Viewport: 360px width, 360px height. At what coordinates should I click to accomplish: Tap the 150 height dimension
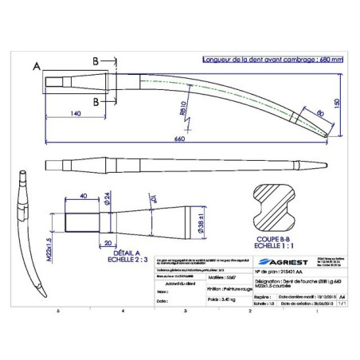click(337, 103)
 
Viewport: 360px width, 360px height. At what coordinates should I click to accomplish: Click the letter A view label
click(37, 67)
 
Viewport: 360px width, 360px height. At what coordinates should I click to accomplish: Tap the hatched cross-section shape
click(273, 208)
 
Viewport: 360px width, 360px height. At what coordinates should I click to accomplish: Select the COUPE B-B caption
click(273, 237)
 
